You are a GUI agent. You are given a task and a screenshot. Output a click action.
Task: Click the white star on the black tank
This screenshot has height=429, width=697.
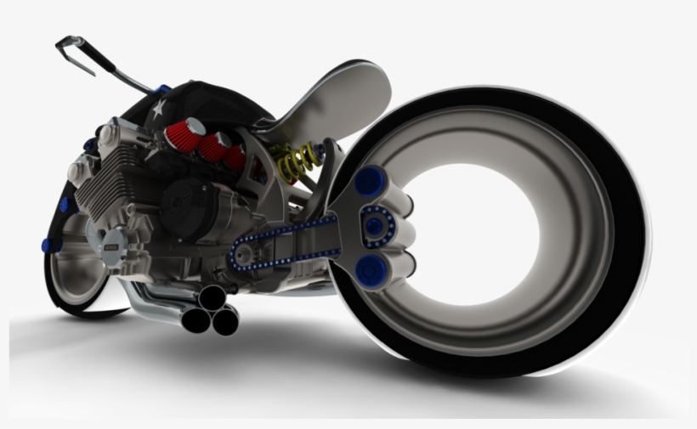pos(156,108)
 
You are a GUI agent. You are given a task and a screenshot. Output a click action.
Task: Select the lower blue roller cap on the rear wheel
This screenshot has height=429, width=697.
pos(371,271)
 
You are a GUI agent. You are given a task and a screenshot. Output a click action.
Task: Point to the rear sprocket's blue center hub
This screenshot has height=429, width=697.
pos(374,224)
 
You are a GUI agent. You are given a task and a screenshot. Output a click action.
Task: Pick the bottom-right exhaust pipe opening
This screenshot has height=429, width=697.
pos(225,320)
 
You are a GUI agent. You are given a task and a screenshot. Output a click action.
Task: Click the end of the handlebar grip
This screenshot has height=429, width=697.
pos(63,42)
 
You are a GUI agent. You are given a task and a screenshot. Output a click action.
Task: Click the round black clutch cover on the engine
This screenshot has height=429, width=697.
pos(188,208)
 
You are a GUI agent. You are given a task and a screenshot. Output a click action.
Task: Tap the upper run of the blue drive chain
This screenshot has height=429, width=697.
pos(289,230)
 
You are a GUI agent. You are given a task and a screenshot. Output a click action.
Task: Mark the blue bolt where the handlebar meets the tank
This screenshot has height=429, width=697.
pos(163,88)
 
